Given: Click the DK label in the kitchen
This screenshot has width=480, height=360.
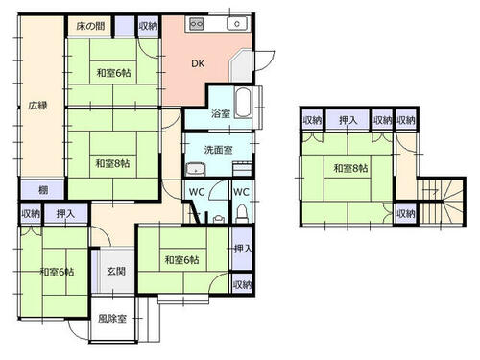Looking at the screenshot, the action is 198,63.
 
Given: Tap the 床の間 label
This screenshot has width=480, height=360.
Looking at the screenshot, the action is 91,26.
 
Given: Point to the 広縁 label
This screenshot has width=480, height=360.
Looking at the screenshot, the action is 37,106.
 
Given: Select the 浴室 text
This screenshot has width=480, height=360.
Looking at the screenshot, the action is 221,113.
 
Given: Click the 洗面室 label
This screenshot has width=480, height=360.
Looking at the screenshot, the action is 218,150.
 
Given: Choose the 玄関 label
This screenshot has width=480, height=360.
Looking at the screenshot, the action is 116,271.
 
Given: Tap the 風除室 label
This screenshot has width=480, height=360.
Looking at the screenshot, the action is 112,319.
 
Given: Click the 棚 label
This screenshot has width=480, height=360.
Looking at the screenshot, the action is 43,190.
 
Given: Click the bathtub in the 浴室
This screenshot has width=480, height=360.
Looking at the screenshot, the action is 243,103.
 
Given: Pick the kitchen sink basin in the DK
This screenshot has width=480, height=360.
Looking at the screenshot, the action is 237,24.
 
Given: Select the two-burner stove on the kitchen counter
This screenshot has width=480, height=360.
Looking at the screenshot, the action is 196,24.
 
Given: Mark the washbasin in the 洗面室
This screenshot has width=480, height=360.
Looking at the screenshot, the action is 196,169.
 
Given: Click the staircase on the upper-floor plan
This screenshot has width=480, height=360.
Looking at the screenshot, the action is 442,202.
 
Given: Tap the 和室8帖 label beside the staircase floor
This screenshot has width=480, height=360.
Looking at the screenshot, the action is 350,168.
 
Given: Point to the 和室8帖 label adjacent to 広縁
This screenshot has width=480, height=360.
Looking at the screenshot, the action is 112,163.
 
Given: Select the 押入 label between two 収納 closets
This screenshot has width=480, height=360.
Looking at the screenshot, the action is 348,120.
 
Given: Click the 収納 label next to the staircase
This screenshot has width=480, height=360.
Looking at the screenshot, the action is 406,213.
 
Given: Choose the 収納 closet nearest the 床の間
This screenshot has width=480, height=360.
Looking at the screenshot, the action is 149,26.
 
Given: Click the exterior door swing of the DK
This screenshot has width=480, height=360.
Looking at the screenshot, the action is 265,60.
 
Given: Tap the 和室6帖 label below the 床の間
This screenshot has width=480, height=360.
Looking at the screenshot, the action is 113,73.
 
